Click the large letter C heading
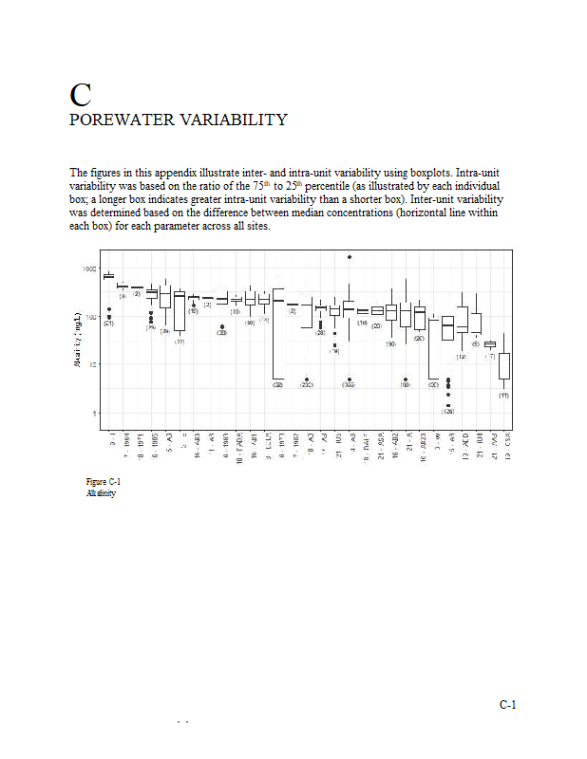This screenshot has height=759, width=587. click(81, 95)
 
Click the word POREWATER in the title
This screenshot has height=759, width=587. click(119, 120)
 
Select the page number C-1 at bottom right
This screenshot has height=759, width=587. click(507, 705)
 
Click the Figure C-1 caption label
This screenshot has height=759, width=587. click(103, 482)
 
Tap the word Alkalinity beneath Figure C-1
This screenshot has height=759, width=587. click(100, 493)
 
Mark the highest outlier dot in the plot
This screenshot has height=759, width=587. click(350, 256)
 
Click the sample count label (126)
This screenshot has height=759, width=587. click(447, 412)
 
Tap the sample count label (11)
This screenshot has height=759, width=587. click(504, 395)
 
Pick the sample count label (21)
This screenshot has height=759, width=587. click(109, 324)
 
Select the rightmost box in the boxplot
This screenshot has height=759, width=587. click(504, 365)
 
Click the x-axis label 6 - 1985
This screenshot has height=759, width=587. click(150, 441)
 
